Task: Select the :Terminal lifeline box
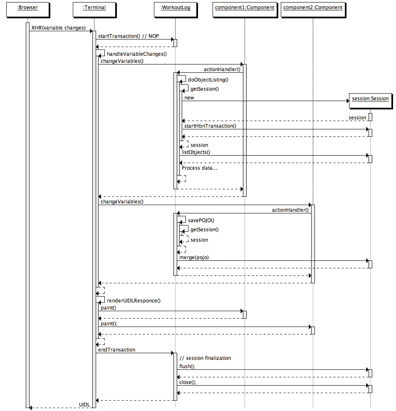[x=94, y=7]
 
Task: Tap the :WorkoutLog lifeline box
[x=175, y=7]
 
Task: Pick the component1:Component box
[x=245, y=7]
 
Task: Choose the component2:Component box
[x=313, y=7]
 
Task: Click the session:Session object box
[x=370, y=99]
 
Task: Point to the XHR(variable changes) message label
[x=58, y=28]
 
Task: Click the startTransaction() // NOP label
[x=125, y=36]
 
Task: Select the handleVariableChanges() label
[x=136, y=54]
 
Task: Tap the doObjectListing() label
[x=208, y=79]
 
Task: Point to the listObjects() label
[x=196, y=152]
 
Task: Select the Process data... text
[x=199, y=168]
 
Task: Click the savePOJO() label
[x=201, y=220]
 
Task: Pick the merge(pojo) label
[x=194, y=257]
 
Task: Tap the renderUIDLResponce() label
[x=134, y=300]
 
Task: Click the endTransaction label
[x=116, y=350]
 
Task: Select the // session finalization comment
[x=205, y=358]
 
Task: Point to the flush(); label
[x=187, y=366]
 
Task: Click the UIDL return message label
[x=84, y=404]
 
